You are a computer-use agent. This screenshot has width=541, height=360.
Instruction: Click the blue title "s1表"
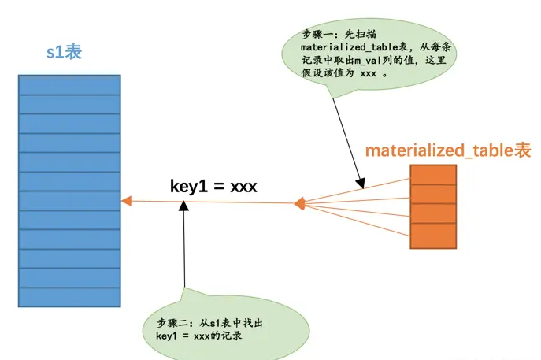pos(64,54)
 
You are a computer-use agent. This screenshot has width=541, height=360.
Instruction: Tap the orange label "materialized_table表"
pos(448,150)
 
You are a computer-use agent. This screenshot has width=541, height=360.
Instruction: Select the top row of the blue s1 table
pos(69,84)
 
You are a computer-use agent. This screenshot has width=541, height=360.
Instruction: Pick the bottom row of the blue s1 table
pos(69,297)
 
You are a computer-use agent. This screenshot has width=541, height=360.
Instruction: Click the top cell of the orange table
pos(433,174)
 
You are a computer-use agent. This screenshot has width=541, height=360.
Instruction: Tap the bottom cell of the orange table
pos(433,236)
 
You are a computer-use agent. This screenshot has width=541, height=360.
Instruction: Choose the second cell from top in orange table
pos(433,195)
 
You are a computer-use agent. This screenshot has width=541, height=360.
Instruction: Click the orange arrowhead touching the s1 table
pos(126,202)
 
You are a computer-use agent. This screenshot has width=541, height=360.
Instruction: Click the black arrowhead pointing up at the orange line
pos(183,206)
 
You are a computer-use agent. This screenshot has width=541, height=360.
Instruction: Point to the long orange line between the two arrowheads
pos(213,203)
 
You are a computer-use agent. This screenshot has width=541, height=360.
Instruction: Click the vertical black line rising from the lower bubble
pos(184,252)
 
